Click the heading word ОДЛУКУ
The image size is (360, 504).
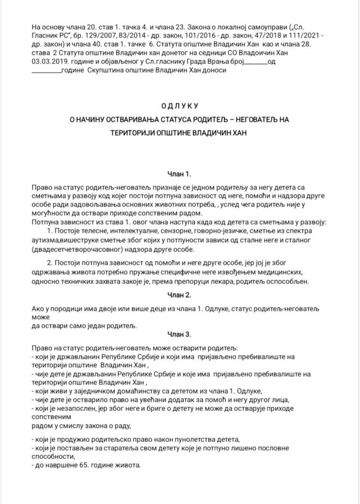pyautogui.click(x=179, y=105)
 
